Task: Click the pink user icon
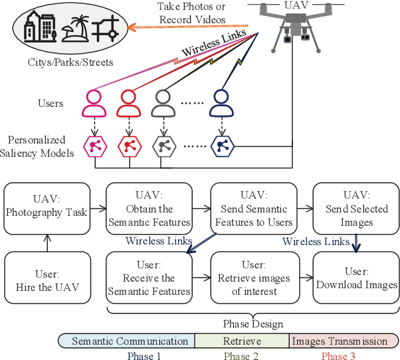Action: tap(94, 103)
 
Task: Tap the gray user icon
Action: tap(163, 103)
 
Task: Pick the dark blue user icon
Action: tap(221, 103)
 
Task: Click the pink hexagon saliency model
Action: tap(94, 143)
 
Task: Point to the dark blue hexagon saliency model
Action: tap(221, 143)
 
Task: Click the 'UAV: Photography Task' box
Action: tap(46, 207)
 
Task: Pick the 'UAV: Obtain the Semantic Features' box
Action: tap(150, 207)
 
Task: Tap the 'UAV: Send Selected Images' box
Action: tap(356, 207)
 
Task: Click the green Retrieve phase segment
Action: tap(242, 341)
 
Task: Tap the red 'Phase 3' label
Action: tap(338, 355)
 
